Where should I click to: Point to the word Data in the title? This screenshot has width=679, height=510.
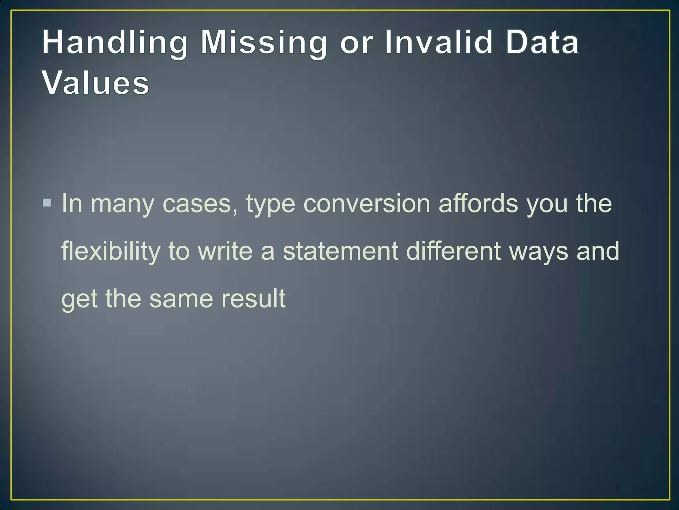[x=542, y=42]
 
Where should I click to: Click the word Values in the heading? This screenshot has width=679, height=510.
[x=95, y=83]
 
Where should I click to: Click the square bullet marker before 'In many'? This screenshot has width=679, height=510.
[x=47, y=203]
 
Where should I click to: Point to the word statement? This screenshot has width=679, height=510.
[x=340, y=251]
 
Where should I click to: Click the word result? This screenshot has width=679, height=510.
[x=253, y=298]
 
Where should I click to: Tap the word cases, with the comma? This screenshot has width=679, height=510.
[x=200, y=204]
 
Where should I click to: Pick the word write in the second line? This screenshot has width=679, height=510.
[x=225, y=251]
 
